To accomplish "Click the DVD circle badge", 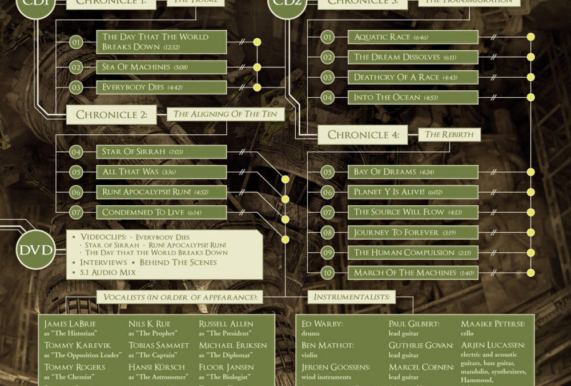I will tap(35, 249).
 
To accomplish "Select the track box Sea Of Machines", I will tap(162, 67).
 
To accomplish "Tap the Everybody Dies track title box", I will tap(162, 87).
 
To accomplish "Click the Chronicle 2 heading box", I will tap(112, 114).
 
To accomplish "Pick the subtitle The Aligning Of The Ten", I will tap(225, 114).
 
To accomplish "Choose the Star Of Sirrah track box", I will tap(162, 152).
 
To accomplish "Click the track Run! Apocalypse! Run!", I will tap(162, 192).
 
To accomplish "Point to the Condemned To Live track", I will tap(162, 212).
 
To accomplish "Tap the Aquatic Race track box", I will tap(413, 37).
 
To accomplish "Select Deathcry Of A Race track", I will tap(413, 77).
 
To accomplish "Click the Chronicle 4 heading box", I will tap(363, 135).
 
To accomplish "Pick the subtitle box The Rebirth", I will tap(449, 135).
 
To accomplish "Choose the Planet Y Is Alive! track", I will tap(413, 192).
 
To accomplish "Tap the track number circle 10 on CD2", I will tap(327, 273).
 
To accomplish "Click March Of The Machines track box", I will tap(413, 273).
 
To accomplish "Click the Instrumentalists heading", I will tap(352, 297).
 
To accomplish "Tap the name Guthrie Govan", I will tap(421, 345).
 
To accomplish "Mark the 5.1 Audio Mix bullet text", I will tap(108, 272).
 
